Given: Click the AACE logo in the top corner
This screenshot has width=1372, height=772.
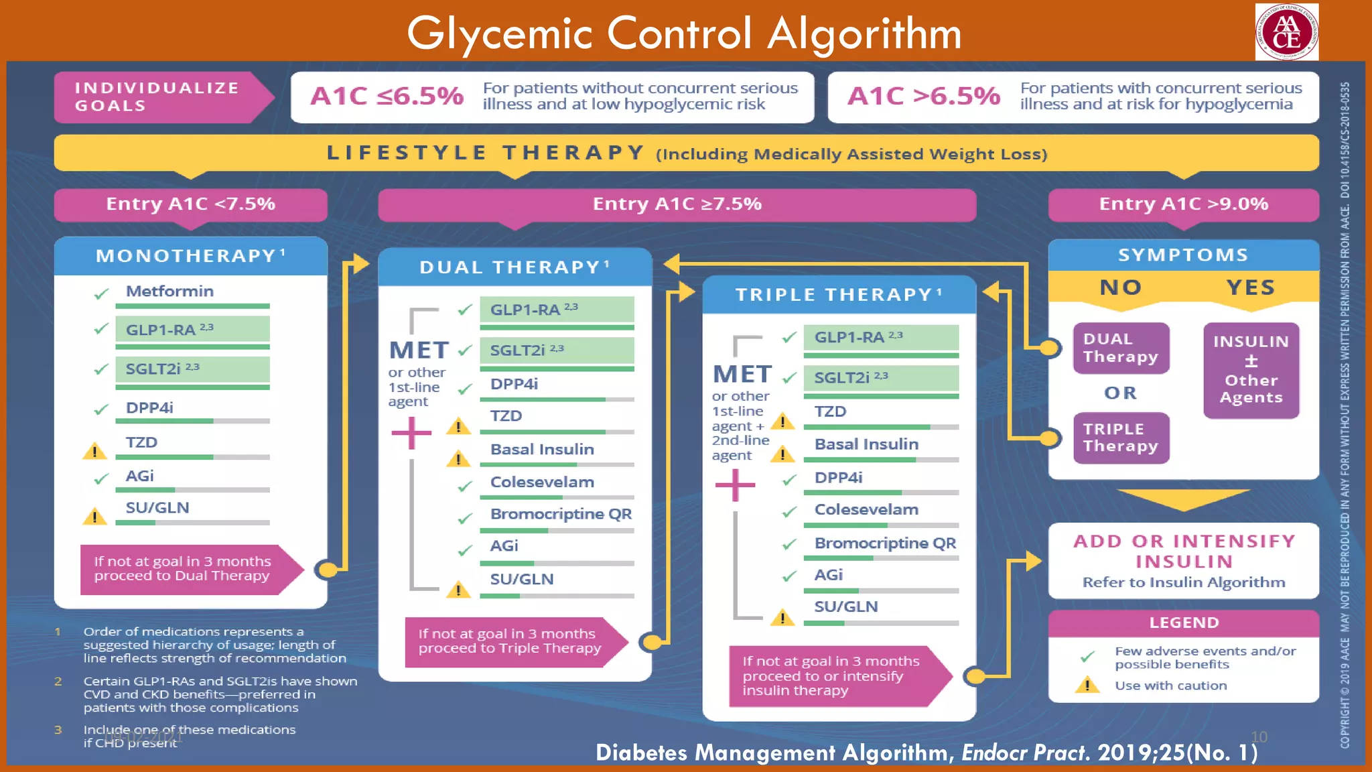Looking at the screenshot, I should [x=1286, y=32].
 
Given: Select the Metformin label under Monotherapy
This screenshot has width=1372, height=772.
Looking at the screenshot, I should [x=169, y=292].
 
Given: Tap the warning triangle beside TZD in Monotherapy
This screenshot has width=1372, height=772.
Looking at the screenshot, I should [x=94, y=451].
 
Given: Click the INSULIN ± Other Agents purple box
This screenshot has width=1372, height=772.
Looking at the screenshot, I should [x=1251, y=370].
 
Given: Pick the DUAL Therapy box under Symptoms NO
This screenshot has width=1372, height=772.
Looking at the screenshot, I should [x=1121, y=348].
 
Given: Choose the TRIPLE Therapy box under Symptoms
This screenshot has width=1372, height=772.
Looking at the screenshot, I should [x=1121, y=438].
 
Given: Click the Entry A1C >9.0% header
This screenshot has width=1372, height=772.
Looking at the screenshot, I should [x=1183, y=204].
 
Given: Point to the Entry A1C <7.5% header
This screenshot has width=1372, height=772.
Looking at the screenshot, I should [x=190, y=204].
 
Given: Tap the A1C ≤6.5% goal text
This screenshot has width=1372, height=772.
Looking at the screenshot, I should [x=387, y=96].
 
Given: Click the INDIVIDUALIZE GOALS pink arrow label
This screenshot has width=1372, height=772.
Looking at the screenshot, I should [x=158, y=97].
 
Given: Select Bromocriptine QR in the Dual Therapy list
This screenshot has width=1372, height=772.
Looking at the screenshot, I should [x=561, y=514].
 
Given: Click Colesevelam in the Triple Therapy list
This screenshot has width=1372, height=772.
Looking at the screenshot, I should [x=866, y=509].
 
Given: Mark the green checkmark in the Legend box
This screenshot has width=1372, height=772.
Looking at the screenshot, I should [x=1087, y=657].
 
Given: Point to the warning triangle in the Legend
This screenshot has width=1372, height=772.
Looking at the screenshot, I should [x=1087, y=685].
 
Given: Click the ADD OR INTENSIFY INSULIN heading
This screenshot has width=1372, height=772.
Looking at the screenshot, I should [x=1184, y=551].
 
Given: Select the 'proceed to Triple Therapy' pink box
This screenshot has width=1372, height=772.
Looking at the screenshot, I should [x=509, y=641].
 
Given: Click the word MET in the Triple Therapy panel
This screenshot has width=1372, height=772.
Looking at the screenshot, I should [x=742, y=374].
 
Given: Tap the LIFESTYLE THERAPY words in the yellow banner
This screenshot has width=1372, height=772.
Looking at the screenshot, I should [x=486, y=153].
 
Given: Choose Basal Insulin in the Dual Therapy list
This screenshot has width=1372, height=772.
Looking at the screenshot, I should [x=542, y=450].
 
